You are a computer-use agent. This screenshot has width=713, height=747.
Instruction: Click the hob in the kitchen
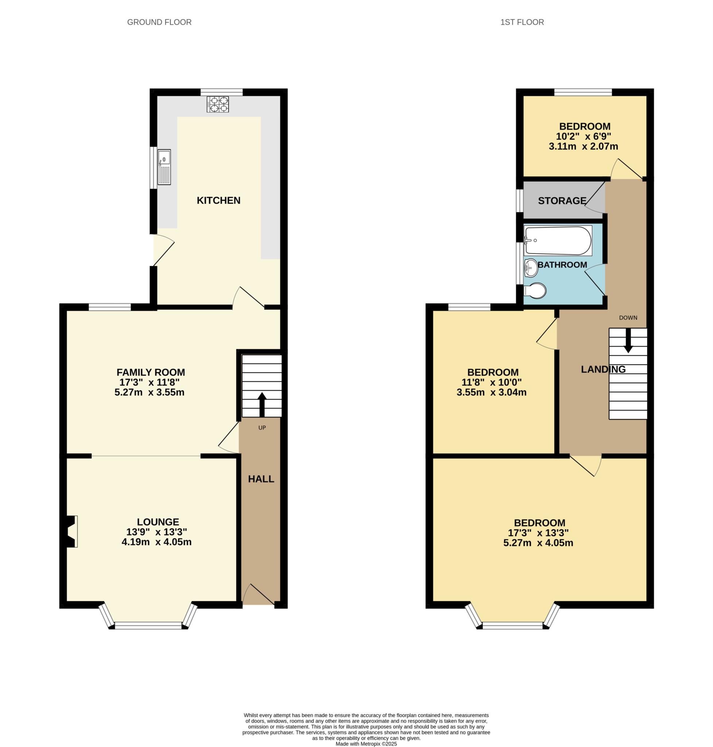click(218, 104)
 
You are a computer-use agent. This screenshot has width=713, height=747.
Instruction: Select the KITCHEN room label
click(219, 200)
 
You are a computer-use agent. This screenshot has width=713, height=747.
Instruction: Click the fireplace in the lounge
click(72, 531)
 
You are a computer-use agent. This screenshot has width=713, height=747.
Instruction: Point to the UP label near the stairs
click(262, 427)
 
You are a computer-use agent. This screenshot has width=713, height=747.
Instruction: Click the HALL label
click(261, 479)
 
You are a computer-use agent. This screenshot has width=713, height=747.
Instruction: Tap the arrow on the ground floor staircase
click(262, 404)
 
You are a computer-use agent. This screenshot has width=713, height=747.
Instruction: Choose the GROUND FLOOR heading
click(159, 22)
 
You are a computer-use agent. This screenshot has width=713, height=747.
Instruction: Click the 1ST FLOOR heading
click(522, 22)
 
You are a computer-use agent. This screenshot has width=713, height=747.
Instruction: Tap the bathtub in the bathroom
click(558, 240)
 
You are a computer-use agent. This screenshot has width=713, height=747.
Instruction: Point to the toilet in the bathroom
click(535, 291)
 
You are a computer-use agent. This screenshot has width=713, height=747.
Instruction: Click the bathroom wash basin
click(531, 268)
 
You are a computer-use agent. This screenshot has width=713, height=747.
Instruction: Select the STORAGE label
click(562, 201)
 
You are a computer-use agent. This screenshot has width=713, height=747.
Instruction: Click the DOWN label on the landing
click(628, 318)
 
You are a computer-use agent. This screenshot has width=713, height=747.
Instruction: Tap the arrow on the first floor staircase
click(628, 340)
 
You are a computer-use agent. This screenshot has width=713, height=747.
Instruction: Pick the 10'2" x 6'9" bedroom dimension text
click(583, 136)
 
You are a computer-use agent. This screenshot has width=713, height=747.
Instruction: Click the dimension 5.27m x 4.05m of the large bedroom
click(538, 543)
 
